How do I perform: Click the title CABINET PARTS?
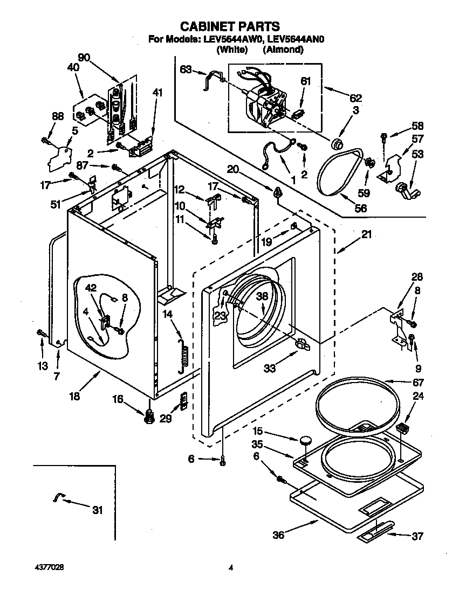[x=230, y=26]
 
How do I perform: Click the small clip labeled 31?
[x=58, y=497]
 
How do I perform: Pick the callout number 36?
[x=278, y=536]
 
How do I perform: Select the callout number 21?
[x=367, y=234]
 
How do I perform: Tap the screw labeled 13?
[x=40, y=333]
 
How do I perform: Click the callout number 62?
[x=355, y=98]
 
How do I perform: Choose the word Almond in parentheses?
[x=283, y=50]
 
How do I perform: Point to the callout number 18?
[x=74, y=396]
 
